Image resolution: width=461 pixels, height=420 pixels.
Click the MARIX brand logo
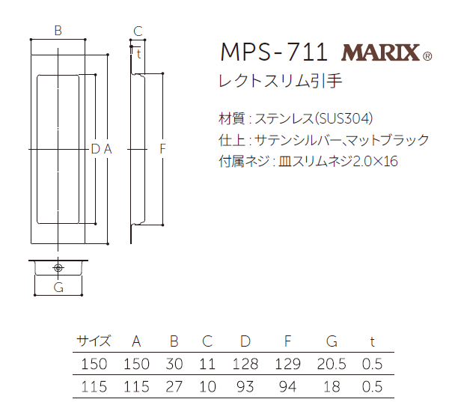(x=381, y=53)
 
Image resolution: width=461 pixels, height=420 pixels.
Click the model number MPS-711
(x=274, y=52)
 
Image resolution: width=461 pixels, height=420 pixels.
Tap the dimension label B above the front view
(x=58, y=31)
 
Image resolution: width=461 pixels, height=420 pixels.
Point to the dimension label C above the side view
(x=137, y=31)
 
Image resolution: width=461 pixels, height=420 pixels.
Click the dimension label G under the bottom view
(x=58, y=287)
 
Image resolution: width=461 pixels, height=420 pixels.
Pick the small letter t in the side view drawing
(x=139, y=53)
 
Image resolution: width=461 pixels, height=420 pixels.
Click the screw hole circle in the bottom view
(x=58, y=267)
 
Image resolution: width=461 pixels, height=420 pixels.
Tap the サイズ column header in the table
(x=94, y=341)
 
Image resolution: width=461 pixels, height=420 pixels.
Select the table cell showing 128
(x=245, y=365)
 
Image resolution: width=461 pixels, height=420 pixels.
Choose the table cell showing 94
(x=288, y=387)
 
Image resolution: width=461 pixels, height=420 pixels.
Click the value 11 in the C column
(x=207, y=365)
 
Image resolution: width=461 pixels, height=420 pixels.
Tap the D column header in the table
(x=245, y=341)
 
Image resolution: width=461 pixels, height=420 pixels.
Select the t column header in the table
(x=372, y=341)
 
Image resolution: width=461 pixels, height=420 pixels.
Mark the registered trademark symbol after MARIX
(x=427, y=56)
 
